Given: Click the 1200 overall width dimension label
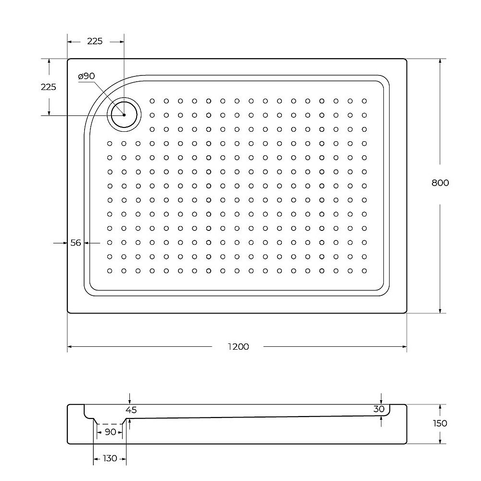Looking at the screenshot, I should [239, 346].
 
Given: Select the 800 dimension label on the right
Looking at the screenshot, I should [440, 183].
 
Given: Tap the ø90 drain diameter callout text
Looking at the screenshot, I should [87, 76].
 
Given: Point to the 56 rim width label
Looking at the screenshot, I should [76, 243].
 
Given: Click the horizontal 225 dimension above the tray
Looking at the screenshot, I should [95, 41].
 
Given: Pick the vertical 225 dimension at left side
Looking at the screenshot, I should [48, 87].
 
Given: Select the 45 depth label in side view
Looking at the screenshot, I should [131, 410].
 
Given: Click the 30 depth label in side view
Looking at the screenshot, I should [379, 409].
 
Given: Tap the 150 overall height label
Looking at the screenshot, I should [440, 423].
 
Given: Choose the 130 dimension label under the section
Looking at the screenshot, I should [110, 458].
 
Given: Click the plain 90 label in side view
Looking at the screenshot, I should [110, 432].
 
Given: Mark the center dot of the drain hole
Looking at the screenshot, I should [124, 115].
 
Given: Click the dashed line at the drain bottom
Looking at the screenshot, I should [110, 424].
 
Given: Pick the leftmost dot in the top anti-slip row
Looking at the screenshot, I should [152, 101].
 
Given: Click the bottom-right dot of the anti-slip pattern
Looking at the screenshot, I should [364, 270].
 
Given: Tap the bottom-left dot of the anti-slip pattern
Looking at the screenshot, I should [110, 270].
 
